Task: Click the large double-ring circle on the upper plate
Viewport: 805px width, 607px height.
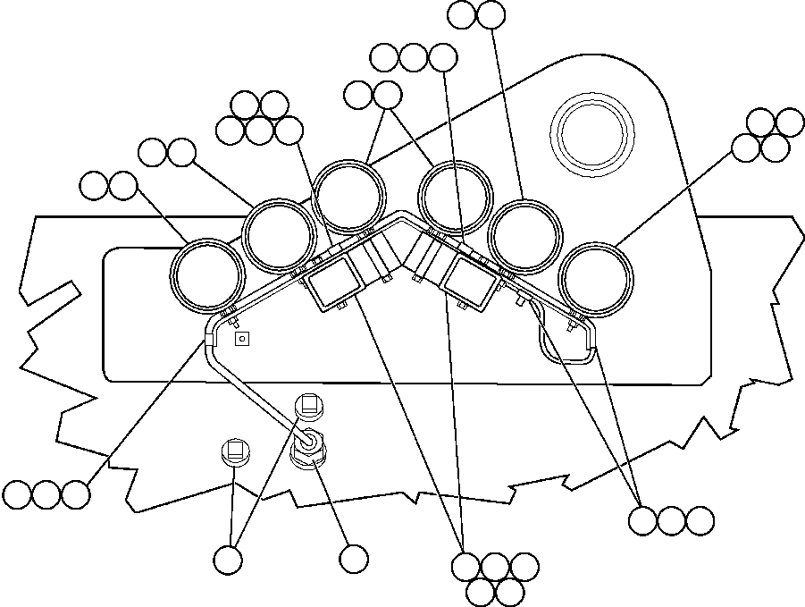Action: coord(592,131)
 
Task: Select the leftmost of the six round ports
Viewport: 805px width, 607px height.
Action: coord(207,275)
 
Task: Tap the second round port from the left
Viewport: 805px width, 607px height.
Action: coord(281,234)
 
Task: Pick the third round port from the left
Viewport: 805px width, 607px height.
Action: coord(350,198)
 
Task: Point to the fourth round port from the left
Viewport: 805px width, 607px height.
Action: coord(456,198)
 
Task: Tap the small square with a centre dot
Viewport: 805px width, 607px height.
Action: coord(239,339)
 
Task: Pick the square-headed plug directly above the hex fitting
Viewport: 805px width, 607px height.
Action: coord(309,404)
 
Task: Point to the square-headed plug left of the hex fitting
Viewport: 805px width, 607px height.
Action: coord(234,451)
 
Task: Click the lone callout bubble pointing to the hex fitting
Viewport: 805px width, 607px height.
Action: coord(354,559)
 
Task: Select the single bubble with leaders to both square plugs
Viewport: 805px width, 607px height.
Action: coord(229,560)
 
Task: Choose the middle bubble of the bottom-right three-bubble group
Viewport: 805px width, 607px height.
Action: coord(672,519)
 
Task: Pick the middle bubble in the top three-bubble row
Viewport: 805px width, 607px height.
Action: coord(414,58)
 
